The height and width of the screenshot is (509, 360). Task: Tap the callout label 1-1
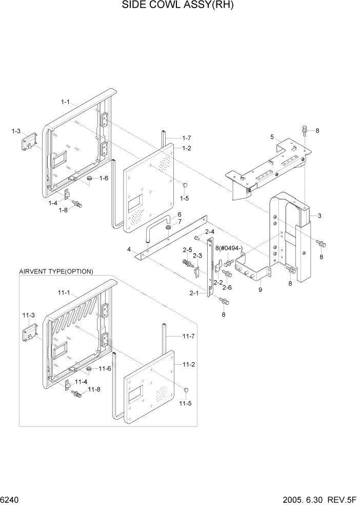coord(66,102)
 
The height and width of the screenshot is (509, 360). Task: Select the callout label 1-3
coord(16,131)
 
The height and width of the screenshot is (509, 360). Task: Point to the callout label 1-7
coord(186,138)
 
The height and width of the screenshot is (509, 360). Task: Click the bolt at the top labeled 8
coord(305,130)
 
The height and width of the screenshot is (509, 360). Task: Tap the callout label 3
coord(319,216)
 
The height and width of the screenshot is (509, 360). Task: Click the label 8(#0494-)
coord(229,249)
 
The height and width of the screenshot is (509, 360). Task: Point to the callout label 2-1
coord(194,293)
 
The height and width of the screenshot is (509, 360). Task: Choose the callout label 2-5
coord(187,250)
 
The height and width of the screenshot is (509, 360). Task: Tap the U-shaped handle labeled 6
coord(157,227)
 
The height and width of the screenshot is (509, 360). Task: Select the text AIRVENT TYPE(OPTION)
coord(56,271)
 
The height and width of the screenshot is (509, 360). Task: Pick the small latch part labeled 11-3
coord(28,334)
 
